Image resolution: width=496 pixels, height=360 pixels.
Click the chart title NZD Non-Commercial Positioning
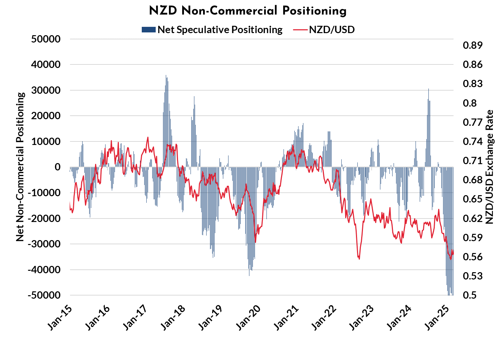[248, 11]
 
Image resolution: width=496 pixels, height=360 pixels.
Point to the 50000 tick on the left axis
[46, 39]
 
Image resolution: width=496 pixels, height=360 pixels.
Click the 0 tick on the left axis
[57, 167]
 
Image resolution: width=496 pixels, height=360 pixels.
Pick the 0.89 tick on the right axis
[472, 45]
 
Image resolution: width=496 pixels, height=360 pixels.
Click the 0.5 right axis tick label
[469, 295]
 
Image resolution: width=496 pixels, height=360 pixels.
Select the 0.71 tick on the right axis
[472, 161]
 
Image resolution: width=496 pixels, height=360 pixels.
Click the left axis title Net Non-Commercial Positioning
[20, 167]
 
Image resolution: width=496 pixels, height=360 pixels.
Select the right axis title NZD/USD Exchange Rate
[489, 167]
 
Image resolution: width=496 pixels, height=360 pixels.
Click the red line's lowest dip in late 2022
[359, 259]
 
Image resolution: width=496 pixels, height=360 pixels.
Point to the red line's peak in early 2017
[148, 137]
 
